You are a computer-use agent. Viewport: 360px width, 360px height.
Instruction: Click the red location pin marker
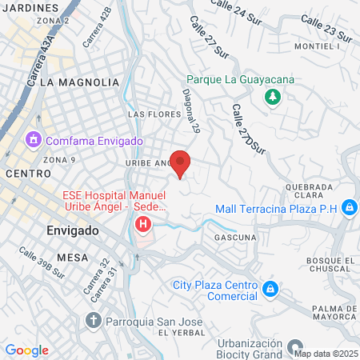click(x=181, y=162)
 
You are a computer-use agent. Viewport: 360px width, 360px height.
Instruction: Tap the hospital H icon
click(x=144, y=223)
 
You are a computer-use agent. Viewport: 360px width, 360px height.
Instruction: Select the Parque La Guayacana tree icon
click(x=273, y=97)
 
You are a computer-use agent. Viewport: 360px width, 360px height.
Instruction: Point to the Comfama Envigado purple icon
click(x=34, y=141)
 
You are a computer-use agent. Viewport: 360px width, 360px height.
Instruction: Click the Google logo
click(x=26, y=350)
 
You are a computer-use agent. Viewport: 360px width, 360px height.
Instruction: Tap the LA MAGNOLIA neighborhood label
click(x=78, y=82)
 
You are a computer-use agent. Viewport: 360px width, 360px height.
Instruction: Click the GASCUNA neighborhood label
click(x=235, y=238)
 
